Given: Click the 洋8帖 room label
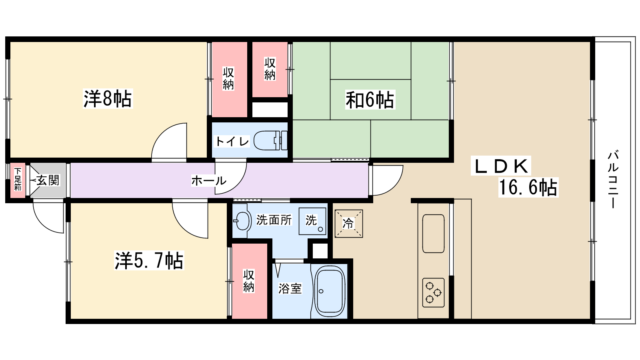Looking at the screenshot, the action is [x=108, y=99].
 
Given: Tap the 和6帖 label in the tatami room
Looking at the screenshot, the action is [x=370, y=100].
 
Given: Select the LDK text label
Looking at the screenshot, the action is [x=501, y=166].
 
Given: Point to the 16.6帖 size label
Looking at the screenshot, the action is [x=528, y=187].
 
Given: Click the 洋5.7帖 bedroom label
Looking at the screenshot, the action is [x=149, y=260].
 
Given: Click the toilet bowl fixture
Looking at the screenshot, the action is [x=270, y=140].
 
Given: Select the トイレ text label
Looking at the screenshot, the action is [x=232, y=142].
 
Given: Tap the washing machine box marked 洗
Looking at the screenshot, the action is [x=312, y=222].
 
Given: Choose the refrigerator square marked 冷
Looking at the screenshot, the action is [x=348, y=224].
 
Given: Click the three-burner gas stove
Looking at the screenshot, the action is [x=433, y=292].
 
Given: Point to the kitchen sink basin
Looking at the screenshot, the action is [x=433, y=234].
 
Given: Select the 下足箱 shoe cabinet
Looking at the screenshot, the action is [x=18, y=180].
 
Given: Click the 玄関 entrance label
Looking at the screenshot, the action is [x=48, y=180].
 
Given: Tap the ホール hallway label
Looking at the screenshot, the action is [x=208, y=181].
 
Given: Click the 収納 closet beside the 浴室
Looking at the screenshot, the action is [x=250, y=281].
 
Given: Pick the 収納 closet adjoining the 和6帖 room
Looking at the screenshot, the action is [x=270, y=70].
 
